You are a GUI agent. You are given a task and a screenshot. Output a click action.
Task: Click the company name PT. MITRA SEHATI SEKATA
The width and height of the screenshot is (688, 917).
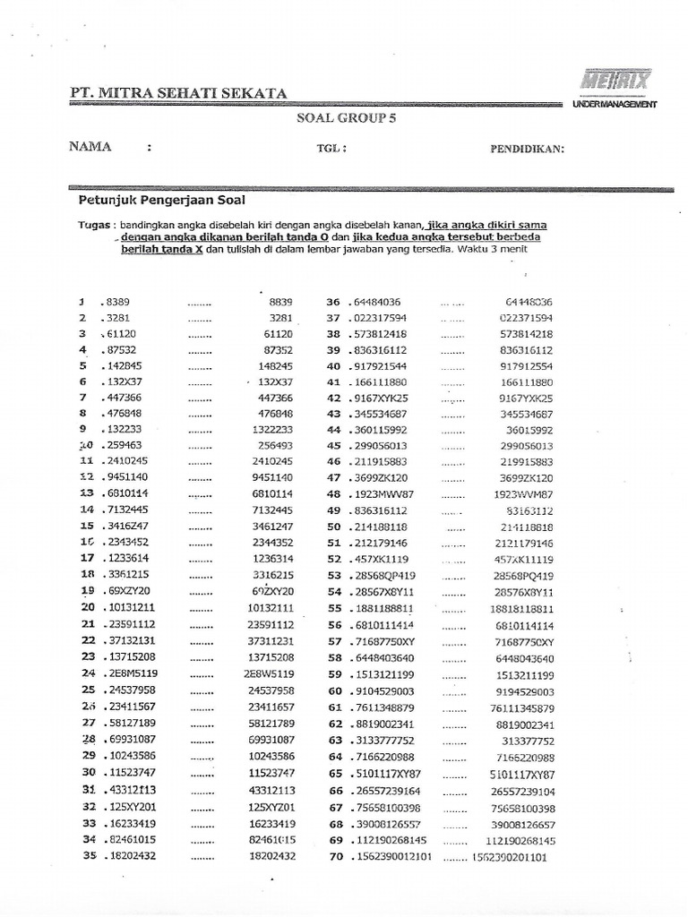coord(178,93)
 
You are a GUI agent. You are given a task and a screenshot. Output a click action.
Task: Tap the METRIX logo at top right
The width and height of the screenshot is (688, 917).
coord(615,81)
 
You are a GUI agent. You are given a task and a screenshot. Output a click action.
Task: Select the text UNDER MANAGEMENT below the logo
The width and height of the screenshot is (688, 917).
coord(615,105)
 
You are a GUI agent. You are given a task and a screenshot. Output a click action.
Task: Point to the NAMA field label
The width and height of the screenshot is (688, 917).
coord(90,147)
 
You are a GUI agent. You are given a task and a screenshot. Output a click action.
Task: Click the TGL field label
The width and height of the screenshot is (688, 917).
coord(331,149)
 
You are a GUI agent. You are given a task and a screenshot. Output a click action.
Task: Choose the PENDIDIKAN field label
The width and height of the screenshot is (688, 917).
coord(527,149)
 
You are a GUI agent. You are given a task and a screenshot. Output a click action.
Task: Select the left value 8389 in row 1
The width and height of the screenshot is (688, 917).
coord(117,302)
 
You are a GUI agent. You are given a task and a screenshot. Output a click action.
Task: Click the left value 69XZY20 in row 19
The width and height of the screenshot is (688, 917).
coord(128,591)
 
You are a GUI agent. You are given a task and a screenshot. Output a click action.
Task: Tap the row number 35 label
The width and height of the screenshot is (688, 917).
coord(89,855)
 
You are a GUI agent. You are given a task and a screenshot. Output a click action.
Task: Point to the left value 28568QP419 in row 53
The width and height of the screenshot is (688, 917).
coord(383,575)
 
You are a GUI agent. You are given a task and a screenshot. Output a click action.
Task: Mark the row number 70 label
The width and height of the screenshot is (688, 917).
coord(336,856)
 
